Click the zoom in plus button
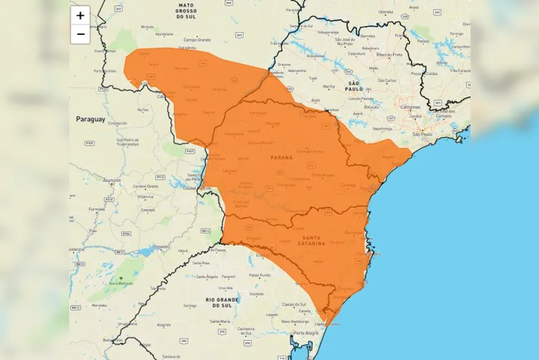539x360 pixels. pyautogui.click(x=80, y=16)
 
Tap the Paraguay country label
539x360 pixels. pyautogui.click(x=90, y=119)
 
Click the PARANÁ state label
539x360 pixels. pyautogui.click(x=280, y=157)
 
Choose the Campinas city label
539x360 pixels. pyautogui.click(x=410, y=107)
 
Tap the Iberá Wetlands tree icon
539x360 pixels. pyautogui.click(x=120, y=278)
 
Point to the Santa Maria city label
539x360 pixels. pyautogui.click(x=220, y=321)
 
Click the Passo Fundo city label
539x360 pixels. pyautogui.click(x=260, y=275)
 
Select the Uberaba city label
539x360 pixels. pyautogui.click(x=386, y=12)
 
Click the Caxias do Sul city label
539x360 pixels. pyautogui.click(x=293, y=304)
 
